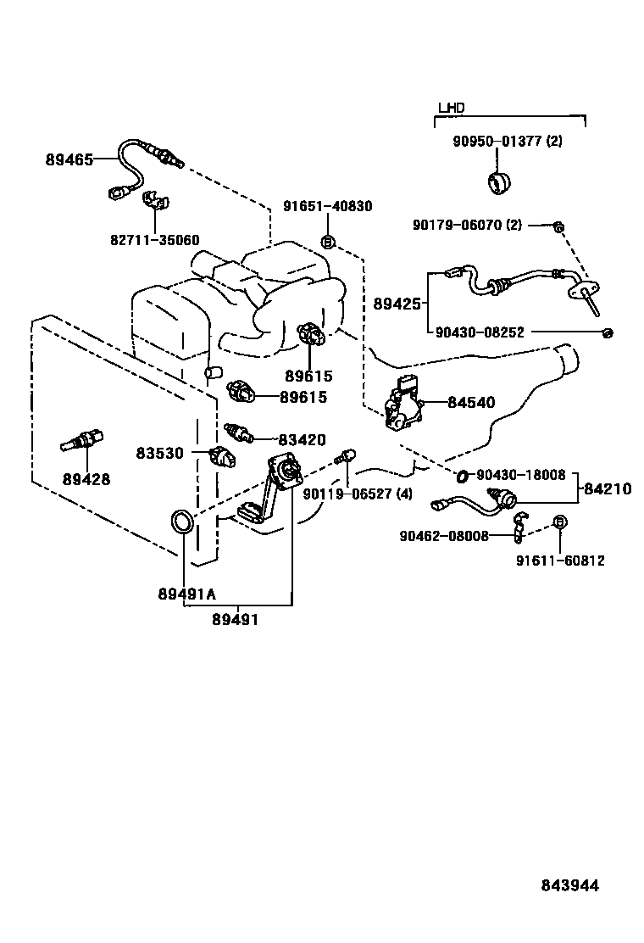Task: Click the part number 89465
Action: (x=69, y=159)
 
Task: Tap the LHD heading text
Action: (x=451, y=108)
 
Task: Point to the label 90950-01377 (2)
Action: (x=506, y=141)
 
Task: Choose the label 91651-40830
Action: (x=327, y=206)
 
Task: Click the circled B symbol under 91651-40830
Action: (x=329, y=242)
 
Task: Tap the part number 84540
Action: (x=472, y=403)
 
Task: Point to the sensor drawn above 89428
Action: (x=81, y=443)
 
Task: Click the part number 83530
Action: (x=159, y=453)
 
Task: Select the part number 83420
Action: (x=302, y=439)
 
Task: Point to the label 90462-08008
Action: (x=443, y=536)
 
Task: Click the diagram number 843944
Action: (x=570, y=885)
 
